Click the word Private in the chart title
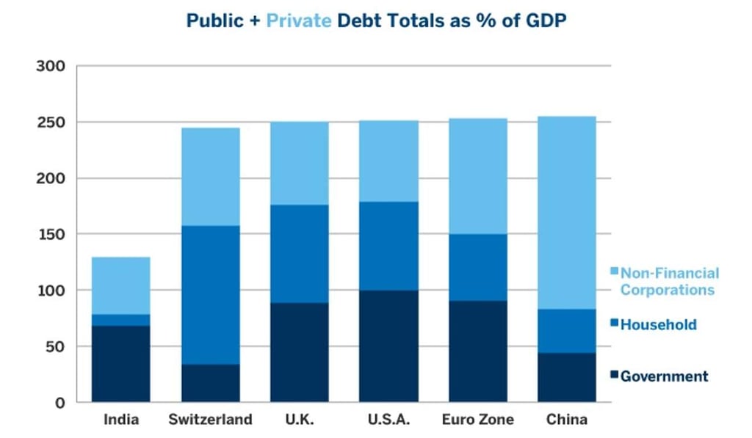point(298,21)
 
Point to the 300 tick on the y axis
point(51,67)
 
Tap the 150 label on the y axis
point(51,234)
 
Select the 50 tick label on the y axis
point(55,346)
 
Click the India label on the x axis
point(120,420)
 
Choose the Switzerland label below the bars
point(210,420)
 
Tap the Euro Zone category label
point(478,420)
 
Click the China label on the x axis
point(567,420)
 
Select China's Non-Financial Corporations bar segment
point(567,213)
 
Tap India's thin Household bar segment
point(120,320)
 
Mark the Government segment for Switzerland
point(210,383)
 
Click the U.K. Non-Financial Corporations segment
point(299,163)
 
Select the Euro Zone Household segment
point(478,267)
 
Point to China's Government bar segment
point(567,377)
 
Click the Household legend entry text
point(658,324)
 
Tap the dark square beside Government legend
point(614,376)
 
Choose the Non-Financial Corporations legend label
point(668,281)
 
